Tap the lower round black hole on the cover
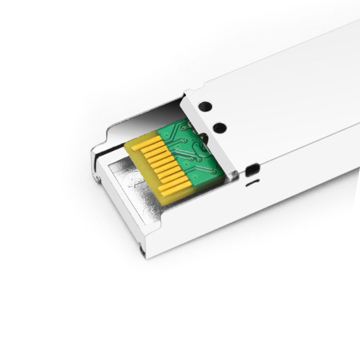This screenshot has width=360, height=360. tap(220, 128)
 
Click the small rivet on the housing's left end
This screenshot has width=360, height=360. tap(98, 179)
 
